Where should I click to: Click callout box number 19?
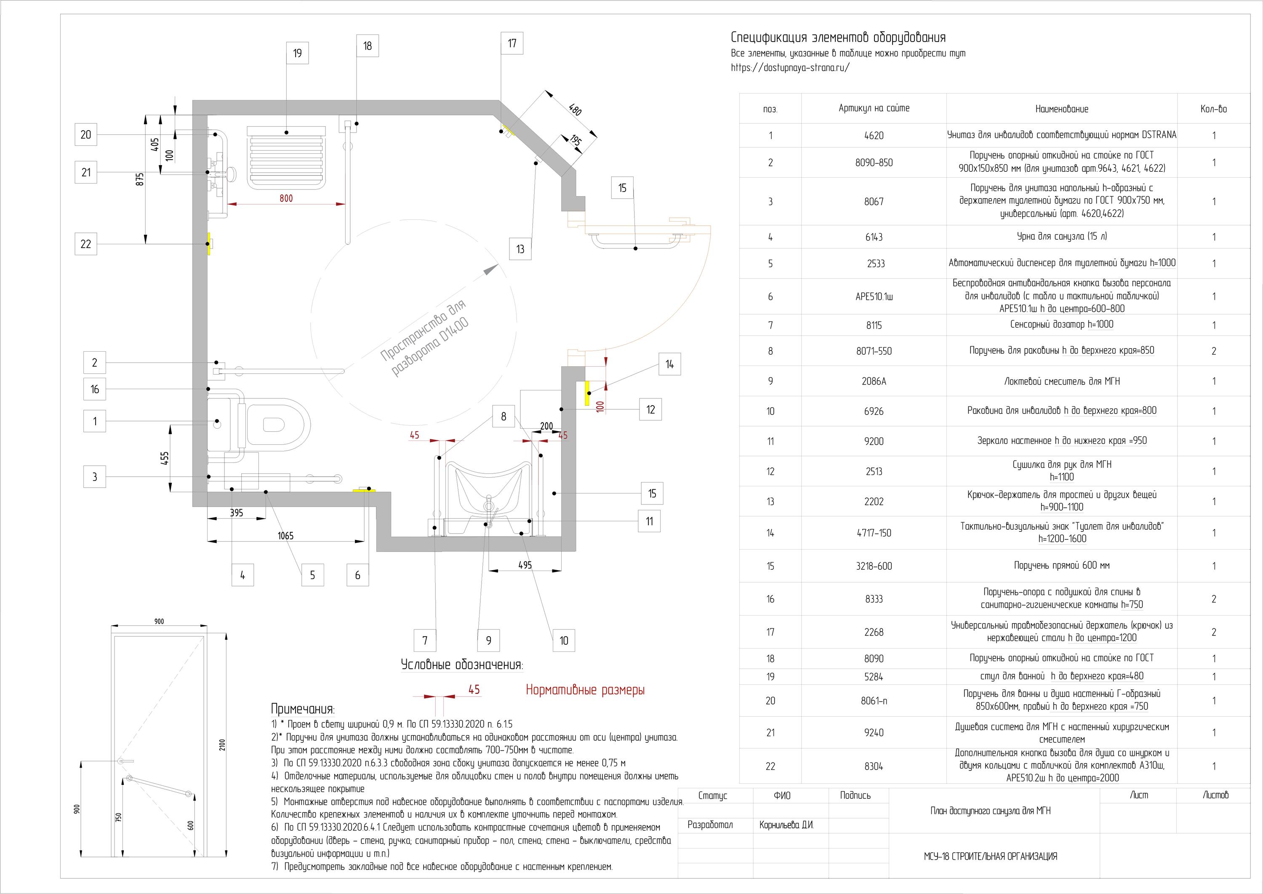[x=297, y=53]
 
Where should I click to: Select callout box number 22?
[x=86, y=244]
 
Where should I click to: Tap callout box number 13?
[x=520, y=249]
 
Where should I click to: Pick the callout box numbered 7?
[x=425, y=640]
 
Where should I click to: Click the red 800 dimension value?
[x=286, y=198]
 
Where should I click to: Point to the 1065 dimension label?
[x=285, y=536]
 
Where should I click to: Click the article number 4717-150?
[x=874, y=533]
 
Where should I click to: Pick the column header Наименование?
[x=1062, y=109]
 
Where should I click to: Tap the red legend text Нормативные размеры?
[x=585, y=690]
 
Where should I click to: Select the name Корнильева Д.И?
[x=786, y=825]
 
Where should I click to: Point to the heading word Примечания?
[x=303, y=709]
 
